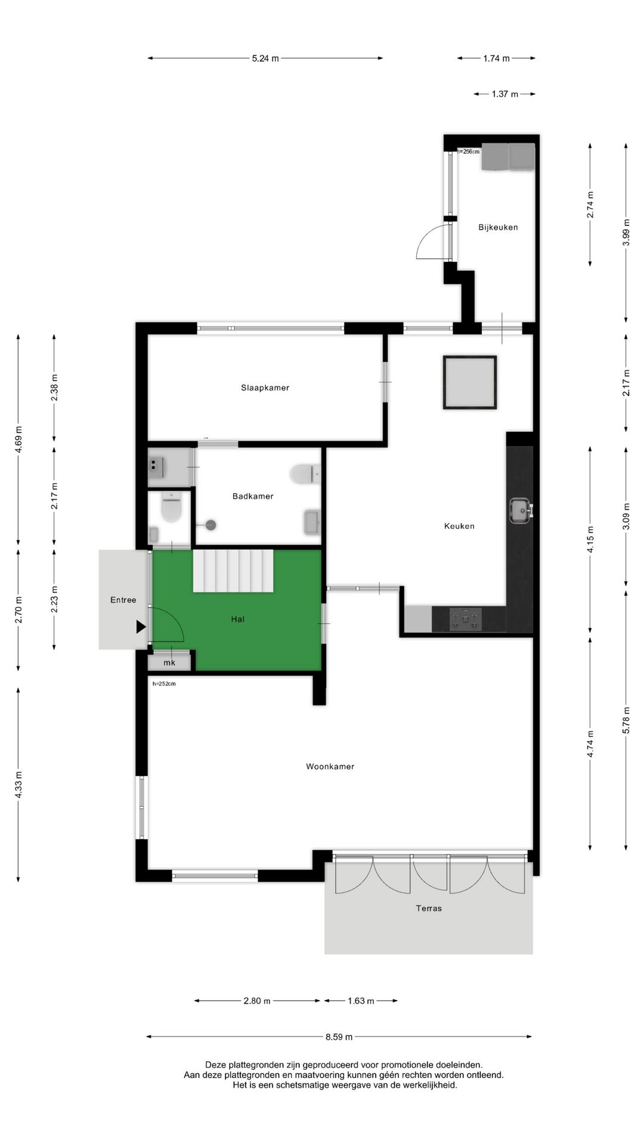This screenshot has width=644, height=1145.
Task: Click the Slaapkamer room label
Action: tap(265, 388)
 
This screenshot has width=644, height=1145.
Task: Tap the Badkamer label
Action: tap(253, 496)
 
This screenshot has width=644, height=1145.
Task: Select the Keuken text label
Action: tap(459, 526)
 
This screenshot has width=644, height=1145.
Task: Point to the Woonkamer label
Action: tap(330, 767)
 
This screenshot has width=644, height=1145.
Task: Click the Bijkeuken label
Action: tap(498, 227)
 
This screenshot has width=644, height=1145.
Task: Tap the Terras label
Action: tap(429, 908)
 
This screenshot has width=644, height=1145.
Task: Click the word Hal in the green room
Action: tap(238, 619)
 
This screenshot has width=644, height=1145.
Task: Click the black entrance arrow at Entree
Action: tap(141, 627)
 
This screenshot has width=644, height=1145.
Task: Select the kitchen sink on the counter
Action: tap(521, 510)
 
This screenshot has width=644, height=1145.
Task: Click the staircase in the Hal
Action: tap(233, 571)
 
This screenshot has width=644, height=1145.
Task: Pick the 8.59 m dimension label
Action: tap(339, 1036)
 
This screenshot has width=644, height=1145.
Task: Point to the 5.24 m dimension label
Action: tap(265, 58)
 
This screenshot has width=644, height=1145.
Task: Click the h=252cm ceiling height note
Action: tap(164, 684)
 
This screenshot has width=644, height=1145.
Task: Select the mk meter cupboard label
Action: tap(169, 663)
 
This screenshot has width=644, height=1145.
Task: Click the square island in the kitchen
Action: tap(470, 383)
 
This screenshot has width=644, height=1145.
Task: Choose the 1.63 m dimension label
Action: tap(361, 1001)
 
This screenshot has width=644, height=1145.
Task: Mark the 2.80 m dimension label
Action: tap(257, 1001)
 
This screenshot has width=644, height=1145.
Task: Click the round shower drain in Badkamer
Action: tap(210, 525)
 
